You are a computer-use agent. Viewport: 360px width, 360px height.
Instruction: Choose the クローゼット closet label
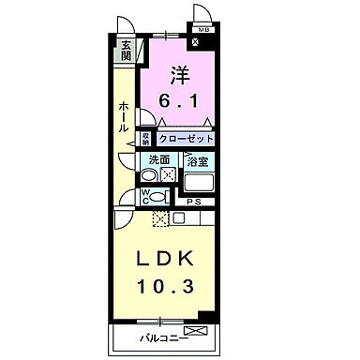(x=186, y=138)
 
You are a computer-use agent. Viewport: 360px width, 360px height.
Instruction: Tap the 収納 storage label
(x=146, y=138)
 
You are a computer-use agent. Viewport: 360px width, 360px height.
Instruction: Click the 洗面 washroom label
(x=157, y=159)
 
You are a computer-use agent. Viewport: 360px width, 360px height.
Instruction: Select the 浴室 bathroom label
(x=196, y=160)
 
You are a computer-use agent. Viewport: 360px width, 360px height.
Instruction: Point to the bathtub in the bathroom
(x=198, y=182)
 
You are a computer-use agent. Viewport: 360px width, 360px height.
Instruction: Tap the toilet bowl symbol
(x=159, y=196)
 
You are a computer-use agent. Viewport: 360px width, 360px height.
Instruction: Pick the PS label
(x=195, y=201)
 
